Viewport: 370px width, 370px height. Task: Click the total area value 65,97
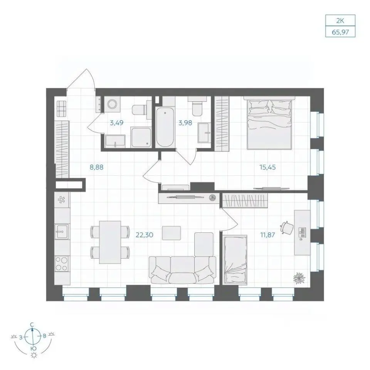[x=340, y=32]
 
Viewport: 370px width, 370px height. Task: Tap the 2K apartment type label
[x=340, y=21]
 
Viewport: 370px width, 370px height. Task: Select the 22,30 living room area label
[x=145, y=235]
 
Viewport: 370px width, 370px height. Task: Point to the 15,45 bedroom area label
[x=267, y=167]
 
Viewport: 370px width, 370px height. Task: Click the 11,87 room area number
[x=267, y=235]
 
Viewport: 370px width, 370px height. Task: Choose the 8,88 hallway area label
[x=96, y=167]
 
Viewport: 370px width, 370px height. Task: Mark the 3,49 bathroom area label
[x=117, y=123]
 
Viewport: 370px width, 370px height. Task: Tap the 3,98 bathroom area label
[x=185, y=123]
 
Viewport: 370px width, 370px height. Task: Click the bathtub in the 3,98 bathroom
[x=165, y=127]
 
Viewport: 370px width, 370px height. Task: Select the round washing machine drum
[x=112, y=104]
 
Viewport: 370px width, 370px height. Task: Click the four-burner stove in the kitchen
[x=62, y=264]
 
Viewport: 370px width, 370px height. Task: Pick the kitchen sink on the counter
[x=61, y=232]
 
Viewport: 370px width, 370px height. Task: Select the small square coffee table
[x=172, y=233]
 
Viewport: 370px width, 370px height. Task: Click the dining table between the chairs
[x=110, y=242]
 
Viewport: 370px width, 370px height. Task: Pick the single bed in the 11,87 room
[x=235, y=259]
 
